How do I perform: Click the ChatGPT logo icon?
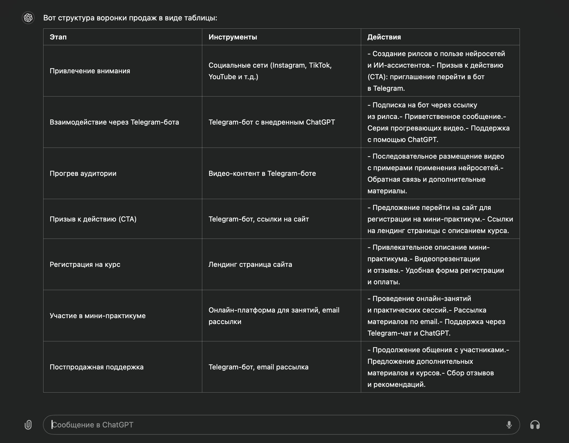tap(28, 18)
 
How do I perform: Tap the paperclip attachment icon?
tap(28, 425)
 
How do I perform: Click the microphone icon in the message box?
tap(509, 425)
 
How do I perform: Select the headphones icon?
tap(535, 425)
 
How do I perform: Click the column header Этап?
tap(58, 37)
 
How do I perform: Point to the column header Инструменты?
tap(233, 37)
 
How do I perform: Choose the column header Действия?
tap(384, 37)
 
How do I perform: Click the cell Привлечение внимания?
tap(90, 71)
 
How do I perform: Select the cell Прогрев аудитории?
tap(83, 173)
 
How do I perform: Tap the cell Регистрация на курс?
tap(85, 264)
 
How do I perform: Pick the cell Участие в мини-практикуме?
tap(98, 316)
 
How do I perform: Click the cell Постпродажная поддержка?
tap(97, 367)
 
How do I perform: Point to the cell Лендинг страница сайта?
tap(250, 264)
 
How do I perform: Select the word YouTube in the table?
tap(222, 77)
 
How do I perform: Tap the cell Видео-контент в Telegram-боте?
tap(262, 173)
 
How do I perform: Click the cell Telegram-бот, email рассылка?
tap(258, 367)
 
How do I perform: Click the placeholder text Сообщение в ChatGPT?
tap(93, 425)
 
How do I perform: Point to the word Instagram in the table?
tap(289, 65)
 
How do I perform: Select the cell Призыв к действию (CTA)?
tap(93, 219)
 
